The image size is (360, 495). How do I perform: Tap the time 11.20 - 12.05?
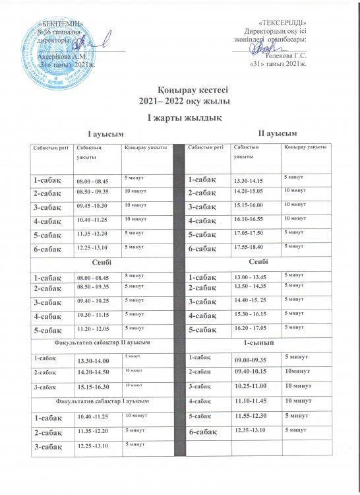click(93, 328)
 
